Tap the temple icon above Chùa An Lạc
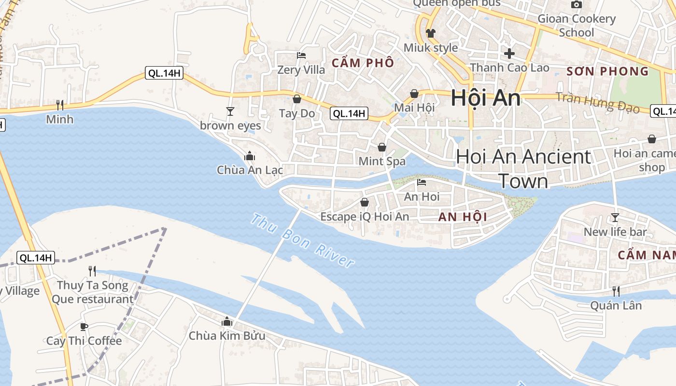[x=249, y=156]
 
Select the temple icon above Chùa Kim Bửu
[x=226, y=321]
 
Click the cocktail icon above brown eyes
[x=230, y=111]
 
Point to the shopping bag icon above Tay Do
[x=297, y=99]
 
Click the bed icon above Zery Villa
[x=301, y=55]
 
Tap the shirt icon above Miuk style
[x=430, y=33]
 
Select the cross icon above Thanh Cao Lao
[x=509, y=54]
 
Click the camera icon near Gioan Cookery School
[x=576, y=5]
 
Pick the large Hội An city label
[x=485, y=98]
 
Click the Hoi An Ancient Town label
[x=523, y=168]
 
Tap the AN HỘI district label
[x=463, y=217]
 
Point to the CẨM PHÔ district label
[x=362, y=63]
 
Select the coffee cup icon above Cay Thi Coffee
[x=84, y=327]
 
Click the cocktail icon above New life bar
[x=615, y=218]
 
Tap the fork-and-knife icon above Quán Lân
[x=616, y=291]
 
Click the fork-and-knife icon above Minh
[x=60, y=105]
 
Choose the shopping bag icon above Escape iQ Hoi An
[x=365, y=202]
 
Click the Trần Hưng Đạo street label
[x=597, y=102]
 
